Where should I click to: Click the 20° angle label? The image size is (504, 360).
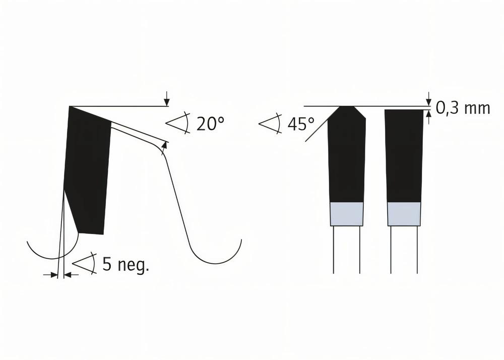[x=210, y=124]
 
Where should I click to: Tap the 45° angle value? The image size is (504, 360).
[x=301, y=124]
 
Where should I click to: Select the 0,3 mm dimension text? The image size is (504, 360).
[x=463, y=108]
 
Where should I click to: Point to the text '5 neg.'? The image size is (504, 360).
[x=126, y=264]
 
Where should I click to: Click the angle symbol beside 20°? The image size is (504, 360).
[x=177, y=122]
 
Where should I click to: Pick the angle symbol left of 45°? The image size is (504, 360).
[x=270, y=123]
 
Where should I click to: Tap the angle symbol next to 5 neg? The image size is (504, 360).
[x=84, y=263]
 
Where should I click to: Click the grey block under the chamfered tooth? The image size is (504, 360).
[x=346, y=214]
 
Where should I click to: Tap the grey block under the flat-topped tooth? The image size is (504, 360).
[x=404, y=214]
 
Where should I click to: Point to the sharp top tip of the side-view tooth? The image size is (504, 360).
[x=70, y=107]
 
